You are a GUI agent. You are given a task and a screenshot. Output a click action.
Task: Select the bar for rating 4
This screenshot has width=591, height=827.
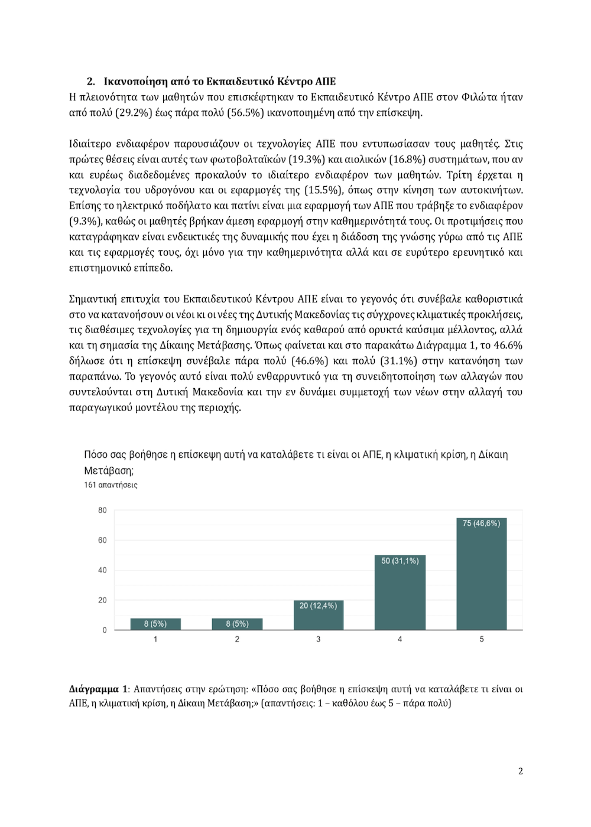click(x=400, y=597)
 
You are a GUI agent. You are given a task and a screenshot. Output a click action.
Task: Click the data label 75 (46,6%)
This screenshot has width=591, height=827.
click(x=481, y=523)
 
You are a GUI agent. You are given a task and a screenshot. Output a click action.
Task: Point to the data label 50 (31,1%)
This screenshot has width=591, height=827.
click(x=400, y=561)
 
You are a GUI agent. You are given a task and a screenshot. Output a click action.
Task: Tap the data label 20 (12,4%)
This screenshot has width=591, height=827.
click(x=318, y=605)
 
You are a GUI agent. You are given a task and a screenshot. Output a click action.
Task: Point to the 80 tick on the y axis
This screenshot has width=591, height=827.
click(x=102, y=510)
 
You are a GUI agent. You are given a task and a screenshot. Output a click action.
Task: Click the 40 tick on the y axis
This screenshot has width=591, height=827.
click(x=102, y=570)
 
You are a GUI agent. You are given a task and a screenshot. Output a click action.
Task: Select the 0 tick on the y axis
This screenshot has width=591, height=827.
click(x=105, y=630)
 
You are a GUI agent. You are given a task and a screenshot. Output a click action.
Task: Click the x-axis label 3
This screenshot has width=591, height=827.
click(x=319, y=639)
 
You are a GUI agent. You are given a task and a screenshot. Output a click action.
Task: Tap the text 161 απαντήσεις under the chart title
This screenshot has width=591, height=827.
click(x=111, y=485)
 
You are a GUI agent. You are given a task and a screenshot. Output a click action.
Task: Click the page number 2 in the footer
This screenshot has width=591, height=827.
click(x=520, y=771)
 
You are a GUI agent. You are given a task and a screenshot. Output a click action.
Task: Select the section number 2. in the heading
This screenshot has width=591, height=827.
click(x=91, y=82)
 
